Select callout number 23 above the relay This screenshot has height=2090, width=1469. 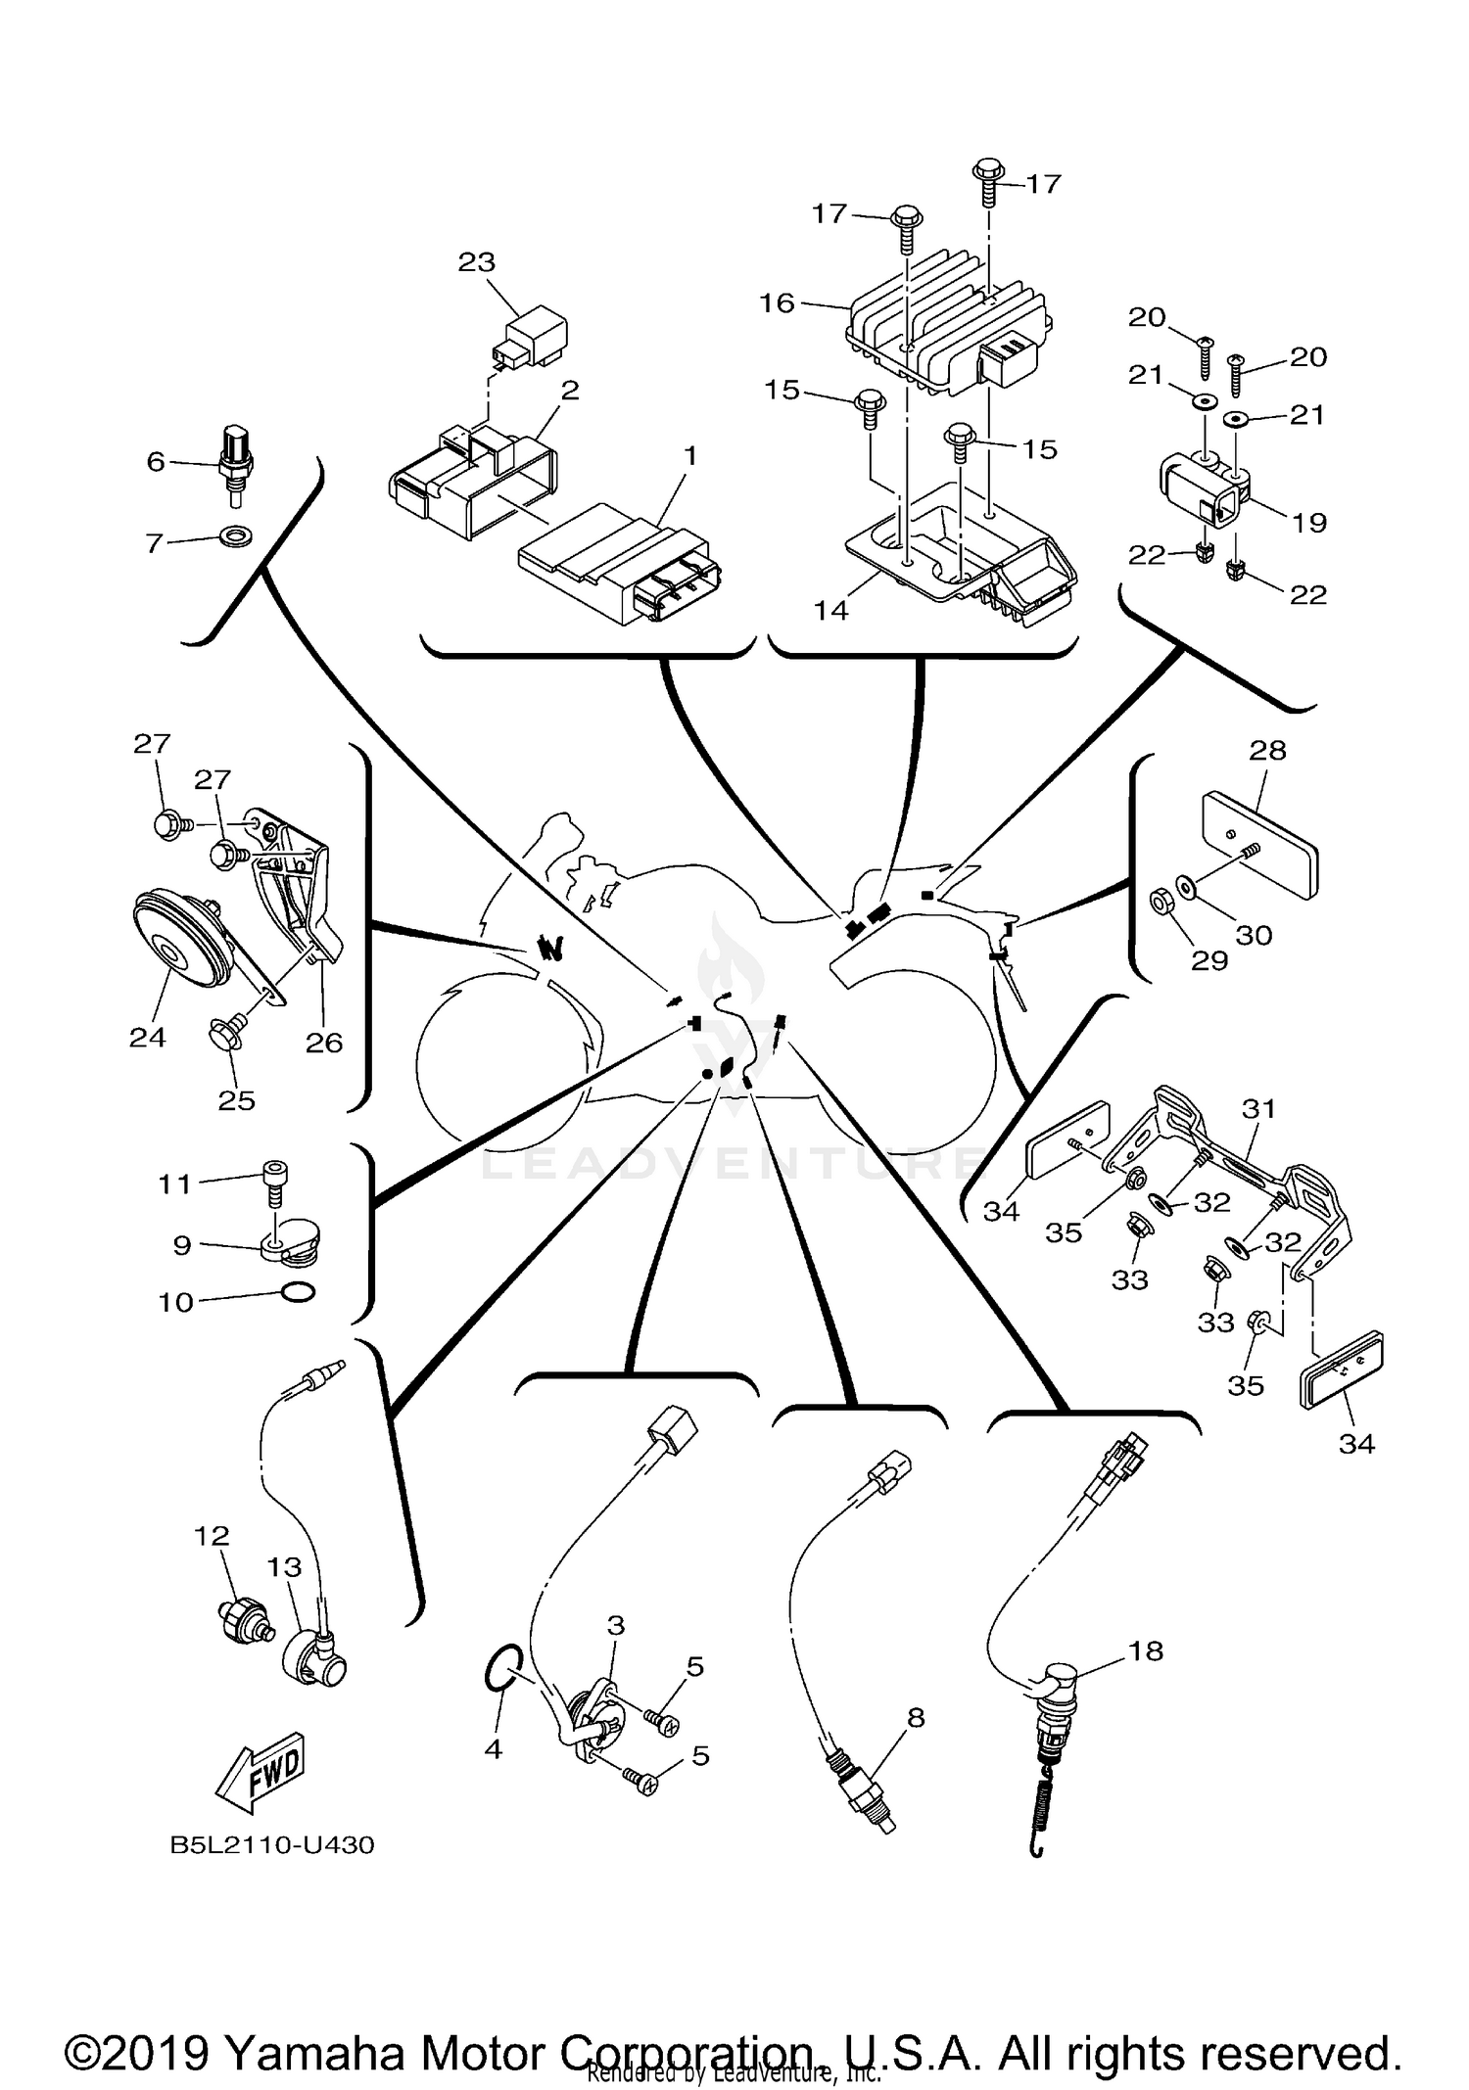pos(477,262)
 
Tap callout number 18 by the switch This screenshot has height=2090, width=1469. pos(1146,1650)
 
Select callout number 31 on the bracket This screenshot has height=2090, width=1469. pos(1258,1109)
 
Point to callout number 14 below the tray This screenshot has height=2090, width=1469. pos(830,611)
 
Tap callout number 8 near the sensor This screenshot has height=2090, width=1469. pos(916,1717)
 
